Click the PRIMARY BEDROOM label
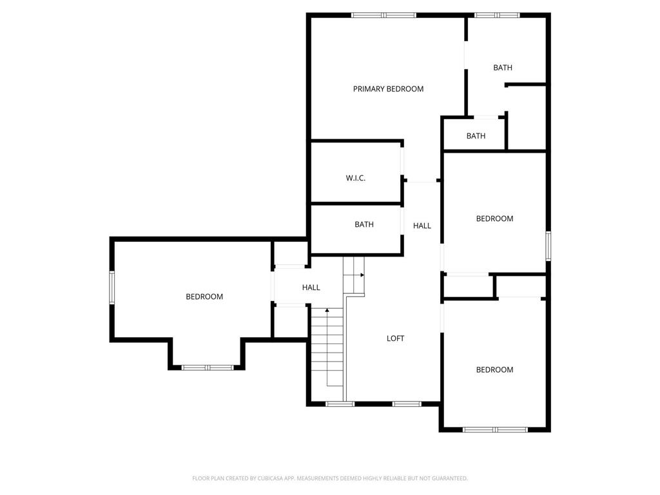(388, 89)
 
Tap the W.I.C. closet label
(355, 178)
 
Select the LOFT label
(395, 338)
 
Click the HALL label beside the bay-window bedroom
(311, 287)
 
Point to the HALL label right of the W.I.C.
(422, 226)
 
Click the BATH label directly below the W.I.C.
(364, 224)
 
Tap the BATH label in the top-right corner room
(503, 68)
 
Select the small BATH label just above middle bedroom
(476, 136)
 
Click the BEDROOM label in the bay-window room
(204, 296)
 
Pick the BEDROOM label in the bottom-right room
(494, 369)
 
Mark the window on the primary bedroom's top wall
(383, 15)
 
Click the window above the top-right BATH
(496, 15)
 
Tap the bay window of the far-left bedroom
(207, 367)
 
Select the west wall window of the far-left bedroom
(112, 287)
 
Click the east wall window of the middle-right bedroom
(548, 246)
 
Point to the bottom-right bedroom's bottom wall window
(495, 429)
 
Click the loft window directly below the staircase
(340, 404)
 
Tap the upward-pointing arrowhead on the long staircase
(327, 311)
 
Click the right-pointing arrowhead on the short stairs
(362, 275)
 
